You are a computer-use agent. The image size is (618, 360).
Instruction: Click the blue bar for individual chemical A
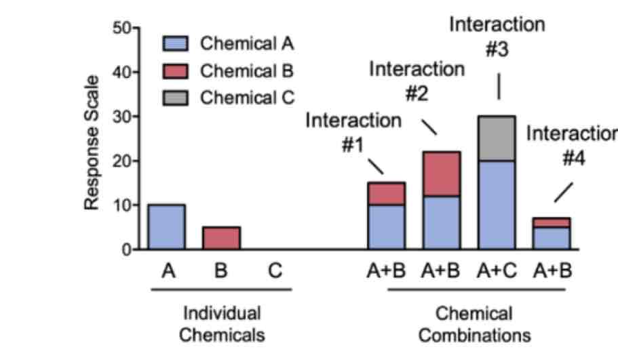pos(166,227)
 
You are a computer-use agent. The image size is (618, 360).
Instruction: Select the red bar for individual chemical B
pos(221,238)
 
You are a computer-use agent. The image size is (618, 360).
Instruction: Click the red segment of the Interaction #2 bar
pos(442,174)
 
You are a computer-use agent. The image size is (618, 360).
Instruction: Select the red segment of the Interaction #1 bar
pos(386,193)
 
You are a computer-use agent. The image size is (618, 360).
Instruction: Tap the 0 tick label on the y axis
pos(127,249)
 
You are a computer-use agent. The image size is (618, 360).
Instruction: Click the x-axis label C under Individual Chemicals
pos(274,271)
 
